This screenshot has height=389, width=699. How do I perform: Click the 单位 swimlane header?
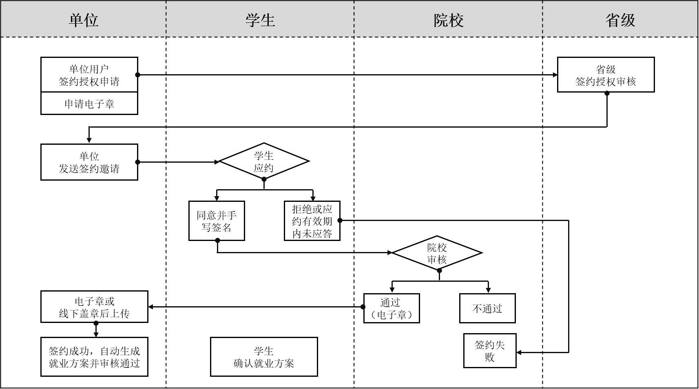click(x=84, y=20)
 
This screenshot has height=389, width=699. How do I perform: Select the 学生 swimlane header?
click(x=260, y=20)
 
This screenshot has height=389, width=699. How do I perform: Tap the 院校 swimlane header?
click(x=448, y=20)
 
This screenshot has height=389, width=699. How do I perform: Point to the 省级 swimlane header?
click(x=620, y=20)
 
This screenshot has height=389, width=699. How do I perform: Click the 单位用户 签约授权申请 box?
click(x=89, y=75)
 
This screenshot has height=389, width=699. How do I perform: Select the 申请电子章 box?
click(x=89, y=104)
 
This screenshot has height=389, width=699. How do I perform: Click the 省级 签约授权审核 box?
click(x=606, y=75)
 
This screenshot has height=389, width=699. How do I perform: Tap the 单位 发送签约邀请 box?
click(x=89, y=162)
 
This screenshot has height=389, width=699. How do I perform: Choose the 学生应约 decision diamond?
click(x=264, y=161)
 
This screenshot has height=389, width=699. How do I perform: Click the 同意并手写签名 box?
click(x=217, y=221)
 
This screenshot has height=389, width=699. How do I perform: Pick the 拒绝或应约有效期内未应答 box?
click(x=312, y=221)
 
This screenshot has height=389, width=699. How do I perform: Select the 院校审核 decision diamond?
click(x=437, y=253)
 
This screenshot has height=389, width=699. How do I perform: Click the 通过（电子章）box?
click(x=392, y=308)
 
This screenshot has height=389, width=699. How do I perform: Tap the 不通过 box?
click(x=487, y=308)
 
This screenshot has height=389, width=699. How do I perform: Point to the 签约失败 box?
click(x=490, y=351)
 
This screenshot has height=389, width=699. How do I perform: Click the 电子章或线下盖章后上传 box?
click(x=94, y=307)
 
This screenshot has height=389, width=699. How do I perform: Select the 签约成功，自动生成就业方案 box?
click(x=94, y=357)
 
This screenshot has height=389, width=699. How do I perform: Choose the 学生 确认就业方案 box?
click(x=264, y=357)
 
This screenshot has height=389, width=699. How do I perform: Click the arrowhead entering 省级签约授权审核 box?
click(x=555, y=75)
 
